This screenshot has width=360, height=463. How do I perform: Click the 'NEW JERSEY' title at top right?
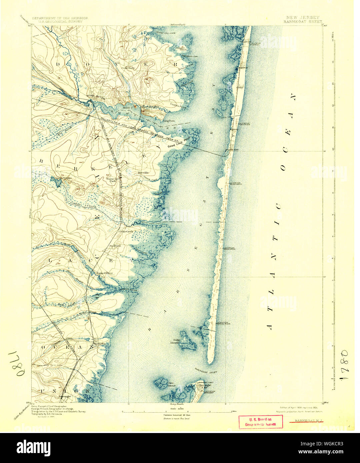(302, 17)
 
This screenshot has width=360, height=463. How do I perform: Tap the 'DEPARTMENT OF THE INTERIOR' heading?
(60, 18)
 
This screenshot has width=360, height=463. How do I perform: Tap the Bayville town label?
(145, 173)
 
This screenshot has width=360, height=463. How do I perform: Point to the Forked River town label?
(105, 273)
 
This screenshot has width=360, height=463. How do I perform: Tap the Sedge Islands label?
(177, 341)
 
